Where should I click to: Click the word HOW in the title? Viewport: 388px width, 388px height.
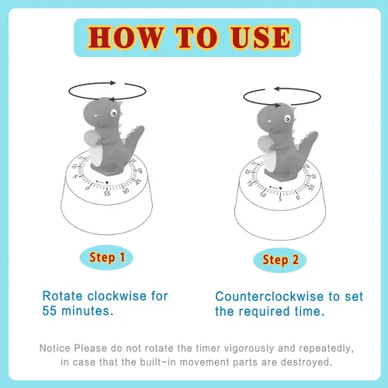126,37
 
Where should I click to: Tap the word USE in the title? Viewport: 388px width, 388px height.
261,37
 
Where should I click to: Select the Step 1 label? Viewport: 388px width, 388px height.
107,258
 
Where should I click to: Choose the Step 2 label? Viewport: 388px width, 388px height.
280,260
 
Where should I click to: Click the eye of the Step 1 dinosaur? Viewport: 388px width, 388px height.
114,113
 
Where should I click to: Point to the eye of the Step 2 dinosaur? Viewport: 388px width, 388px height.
287,119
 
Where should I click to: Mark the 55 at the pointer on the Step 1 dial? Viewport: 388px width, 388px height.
107,193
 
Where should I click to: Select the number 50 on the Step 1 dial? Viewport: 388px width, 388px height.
126,191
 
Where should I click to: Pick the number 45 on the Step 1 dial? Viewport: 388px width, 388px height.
138,181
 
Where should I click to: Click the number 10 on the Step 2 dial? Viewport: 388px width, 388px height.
263,195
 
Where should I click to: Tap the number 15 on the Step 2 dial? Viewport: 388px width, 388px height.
250,183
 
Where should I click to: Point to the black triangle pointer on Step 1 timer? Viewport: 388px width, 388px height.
107,183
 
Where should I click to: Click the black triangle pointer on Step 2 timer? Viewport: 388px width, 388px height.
280,189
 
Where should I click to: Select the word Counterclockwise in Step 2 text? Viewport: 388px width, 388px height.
269,296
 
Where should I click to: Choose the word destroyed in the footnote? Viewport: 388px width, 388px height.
307,362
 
